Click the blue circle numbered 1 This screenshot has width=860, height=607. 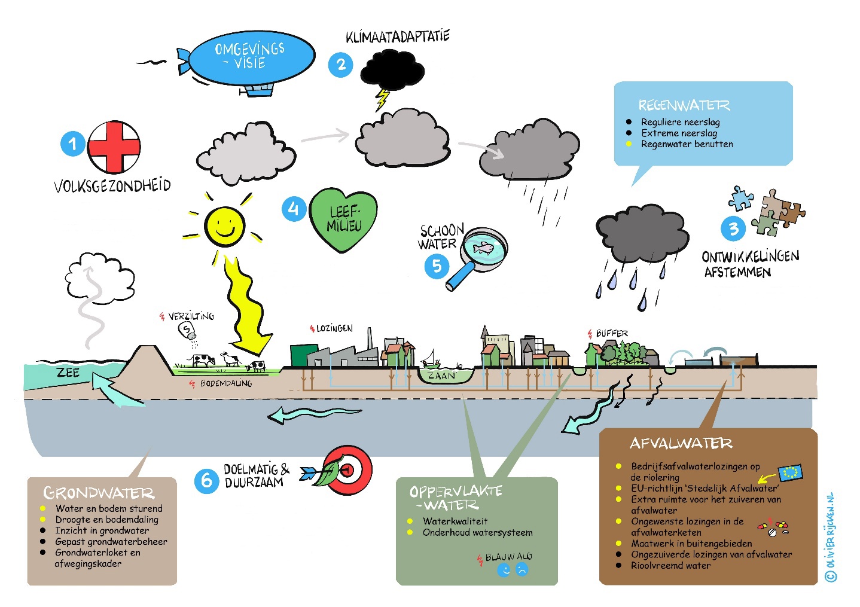tap(73, 144)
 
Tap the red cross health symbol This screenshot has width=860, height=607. tap(114, 147)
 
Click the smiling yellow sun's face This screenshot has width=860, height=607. tap(225, 226)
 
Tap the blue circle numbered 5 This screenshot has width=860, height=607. tap(437, 266)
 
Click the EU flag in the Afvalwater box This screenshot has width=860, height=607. tap(790, 472)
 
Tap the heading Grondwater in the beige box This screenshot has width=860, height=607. tap(99, 493)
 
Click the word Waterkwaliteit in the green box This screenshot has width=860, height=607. tap(455, 521)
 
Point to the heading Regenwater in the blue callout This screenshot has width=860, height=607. tap(684, 106)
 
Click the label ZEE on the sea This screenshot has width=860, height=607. tap(68, 373)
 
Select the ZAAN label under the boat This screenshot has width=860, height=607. tap(441, 376)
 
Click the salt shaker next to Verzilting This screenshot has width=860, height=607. tap(188, 331)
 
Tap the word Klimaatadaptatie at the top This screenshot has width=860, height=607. tap(398, 37)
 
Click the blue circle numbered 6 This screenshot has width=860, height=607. tap(206, 480)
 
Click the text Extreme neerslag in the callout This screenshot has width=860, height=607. tap(679, 133)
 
